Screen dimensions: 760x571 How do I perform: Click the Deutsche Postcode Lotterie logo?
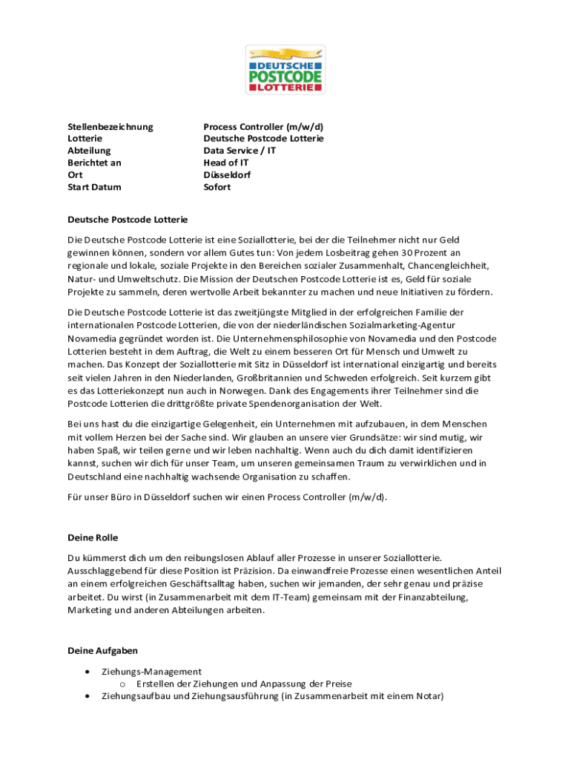(285, 70)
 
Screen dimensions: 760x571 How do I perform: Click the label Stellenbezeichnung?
(110, 126)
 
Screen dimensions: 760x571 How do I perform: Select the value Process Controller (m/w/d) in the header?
(263, 126)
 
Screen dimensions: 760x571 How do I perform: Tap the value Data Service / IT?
(240, 151)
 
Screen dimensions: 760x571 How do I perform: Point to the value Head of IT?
(226, 163)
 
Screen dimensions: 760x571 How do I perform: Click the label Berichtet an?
(94, 163)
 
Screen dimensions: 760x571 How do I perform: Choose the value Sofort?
(217, 187)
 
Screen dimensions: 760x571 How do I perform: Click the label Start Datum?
(93, 187)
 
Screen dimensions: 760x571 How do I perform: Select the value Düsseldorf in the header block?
(227, 174)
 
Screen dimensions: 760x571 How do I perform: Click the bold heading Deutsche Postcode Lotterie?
(128, 220)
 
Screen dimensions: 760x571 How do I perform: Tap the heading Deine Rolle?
(93, 537)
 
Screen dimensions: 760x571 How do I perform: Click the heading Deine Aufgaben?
(102, 650)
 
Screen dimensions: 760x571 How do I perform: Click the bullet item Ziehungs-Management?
(151, 671)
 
